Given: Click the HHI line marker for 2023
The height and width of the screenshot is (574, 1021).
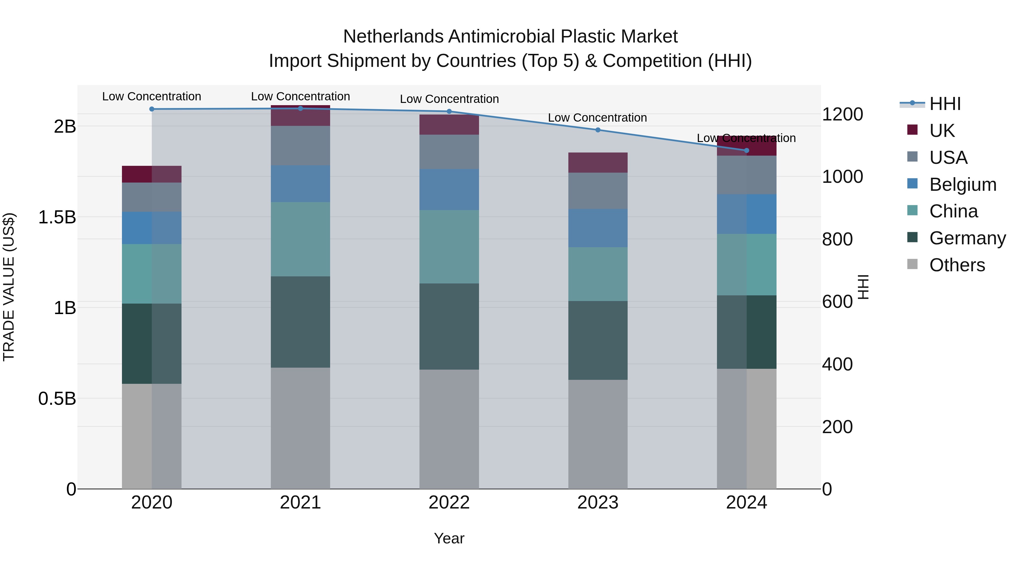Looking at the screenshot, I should click(x=598, y=130).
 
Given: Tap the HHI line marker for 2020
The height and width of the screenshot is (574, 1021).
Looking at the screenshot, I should click(x=152, y=109).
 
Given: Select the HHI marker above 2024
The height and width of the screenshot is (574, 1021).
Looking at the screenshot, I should click(x=746, y=151).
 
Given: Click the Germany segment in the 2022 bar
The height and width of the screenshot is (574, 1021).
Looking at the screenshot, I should click(x=449, y=327).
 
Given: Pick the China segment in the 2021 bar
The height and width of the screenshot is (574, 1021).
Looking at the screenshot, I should click(x=300, y=239).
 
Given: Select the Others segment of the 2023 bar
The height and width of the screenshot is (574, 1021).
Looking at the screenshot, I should click(x=598, y=434).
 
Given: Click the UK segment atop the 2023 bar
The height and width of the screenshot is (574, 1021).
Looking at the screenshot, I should click(x=598, y=162).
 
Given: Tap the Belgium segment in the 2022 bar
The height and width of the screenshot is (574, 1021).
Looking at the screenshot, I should click(x=449, y=190).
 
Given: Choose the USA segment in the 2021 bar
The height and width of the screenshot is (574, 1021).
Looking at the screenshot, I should click(x=300, y=145).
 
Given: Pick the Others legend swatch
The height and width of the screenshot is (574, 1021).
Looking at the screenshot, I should click(x=912, y=264).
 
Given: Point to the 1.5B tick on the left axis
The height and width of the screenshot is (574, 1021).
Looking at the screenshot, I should click(x=57, y=217).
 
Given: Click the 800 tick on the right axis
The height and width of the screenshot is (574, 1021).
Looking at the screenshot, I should click(x=837, y=239).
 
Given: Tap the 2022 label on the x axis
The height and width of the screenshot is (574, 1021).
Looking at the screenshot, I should click(x=449, y=503).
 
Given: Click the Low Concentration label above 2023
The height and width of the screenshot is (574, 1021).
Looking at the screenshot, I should click(x=597, y=118).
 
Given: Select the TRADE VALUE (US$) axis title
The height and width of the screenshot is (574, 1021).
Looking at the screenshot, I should click(x=9, y=287).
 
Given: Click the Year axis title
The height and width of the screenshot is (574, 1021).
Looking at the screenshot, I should click(x=449, y=538).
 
